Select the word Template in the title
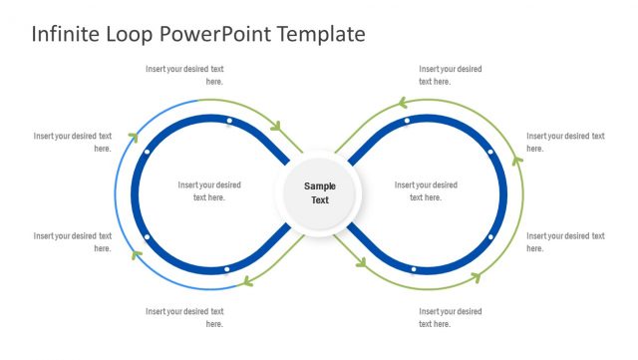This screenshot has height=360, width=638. [x=316, y=34]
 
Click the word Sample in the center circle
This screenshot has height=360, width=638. [x=320, y=185]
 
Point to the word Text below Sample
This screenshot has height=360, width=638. [x=320, y=200]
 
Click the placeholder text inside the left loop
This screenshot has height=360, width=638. [x=209, y=190]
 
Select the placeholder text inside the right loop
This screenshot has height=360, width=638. [x=426, y=190]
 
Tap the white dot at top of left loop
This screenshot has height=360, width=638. [x=228, y=122]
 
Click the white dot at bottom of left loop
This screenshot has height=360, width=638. [x=227, y=269]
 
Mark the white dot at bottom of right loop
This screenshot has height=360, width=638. [x=414, y=269]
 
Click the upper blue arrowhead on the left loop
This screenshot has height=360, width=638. [x=132, y=139]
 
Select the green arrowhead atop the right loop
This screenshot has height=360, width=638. [x=403, y=102]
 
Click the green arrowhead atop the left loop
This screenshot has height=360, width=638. [x=276, y=127]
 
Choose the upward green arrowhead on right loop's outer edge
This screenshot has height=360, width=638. [x=516, y=158]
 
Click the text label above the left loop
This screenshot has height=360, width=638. [x=184, y=75]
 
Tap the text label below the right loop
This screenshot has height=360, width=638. [x=451, y=317]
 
